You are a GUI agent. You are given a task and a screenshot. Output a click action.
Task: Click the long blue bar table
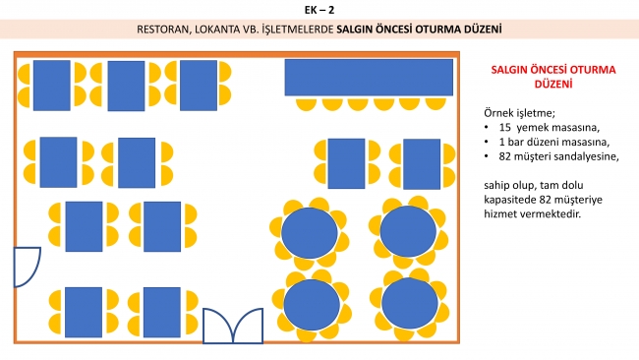coord(369,78)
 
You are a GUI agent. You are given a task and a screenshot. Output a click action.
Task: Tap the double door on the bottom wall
coord(233,327)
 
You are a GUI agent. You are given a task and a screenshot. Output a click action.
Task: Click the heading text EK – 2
coord(319,10)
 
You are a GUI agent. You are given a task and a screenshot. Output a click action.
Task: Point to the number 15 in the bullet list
coord(504,128)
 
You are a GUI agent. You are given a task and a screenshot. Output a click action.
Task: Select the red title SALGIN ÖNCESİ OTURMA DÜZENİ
coord(553,77)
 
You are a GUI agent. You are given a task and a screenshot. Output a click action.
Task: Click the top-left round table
coord(310,233)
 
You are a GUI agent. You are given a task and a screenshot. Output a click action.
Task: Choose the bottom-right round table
coord(410,303)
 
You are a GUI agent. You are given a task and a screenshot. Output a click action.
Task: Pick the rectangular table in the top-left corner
coord(52,86)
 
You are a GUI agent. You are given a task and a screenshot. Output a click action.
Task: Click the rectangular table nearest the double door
coord(162,313)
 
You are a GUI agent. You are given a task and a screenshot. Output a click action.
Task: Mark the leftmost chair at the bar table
coord(306,104)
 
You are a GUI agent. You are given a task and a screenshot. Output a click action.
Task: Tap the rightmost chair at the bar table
coord(436,104)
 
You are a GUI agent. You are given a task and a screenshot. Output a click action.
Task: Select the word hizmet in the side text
coord(498,213)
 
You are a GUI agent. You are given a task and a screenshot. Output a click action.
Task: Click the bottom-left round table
coord(312,305)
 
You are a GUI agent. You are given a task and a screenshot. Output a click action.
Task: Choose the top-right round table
coord(408,231)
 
